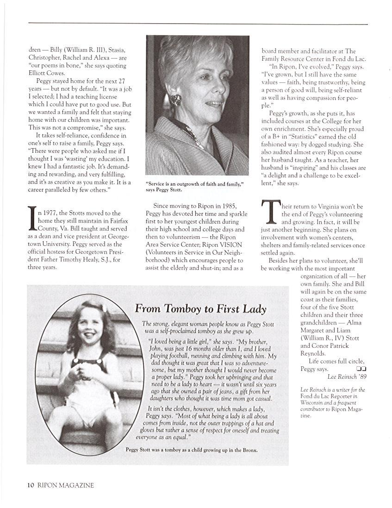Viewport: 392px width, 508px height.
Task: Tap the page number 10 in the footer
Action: pyautogui.click(x=31, y=485)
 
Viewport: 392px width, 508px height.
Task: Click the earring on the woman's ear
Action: pyautogui.click(x=175, y=100)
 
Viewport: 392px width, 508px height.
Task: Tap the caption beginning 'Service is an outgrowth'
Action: pyautogui.click(x=194, y=187)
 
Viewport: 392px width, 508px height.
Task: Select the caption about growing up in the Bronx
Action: pyautogui.click(x=191, y=450)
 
